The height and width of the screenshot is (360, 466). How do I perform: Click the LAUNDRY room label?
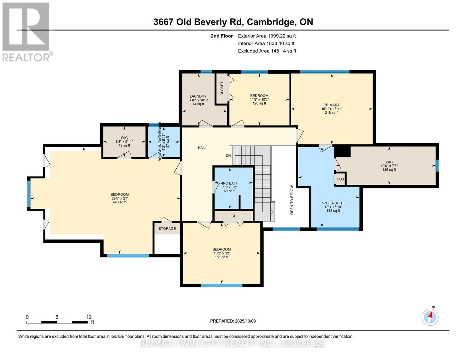198,96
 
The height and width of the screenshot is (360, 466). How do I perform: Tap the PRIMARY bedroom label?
331,105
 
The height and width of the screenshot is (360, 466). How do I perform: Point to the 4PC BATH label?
230,183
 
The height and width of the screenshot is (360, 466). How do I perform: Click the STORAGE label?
167,229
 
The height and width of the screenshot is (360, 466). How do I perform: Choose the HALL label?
202,148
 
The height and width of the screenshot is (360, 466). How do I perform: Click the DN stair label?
228,155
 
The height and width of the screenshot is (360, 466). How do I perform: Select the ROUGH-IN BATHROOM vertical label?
160,142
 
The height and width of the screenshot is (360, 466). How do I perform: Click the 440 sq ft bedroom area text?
119,202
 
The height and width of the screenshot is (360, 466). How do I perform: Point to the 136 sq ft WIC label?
389,170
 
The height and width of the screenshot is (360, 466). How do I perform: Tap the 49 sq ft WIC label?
124,145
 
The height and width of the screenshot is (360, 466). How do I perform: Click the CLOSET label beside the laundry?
222,88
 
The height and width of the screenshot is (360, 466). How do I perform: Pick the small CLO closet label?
340,179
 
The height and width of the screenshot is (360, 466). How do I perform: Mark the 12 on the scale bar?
89,317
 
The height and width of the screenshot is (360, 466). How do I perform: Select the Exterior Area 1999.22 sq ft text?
267,36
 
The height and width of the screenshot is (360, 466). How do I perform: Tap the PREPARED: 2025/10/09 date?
233,321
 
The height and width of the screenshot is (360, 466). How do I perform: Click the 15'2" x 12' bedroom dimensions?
221,253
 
